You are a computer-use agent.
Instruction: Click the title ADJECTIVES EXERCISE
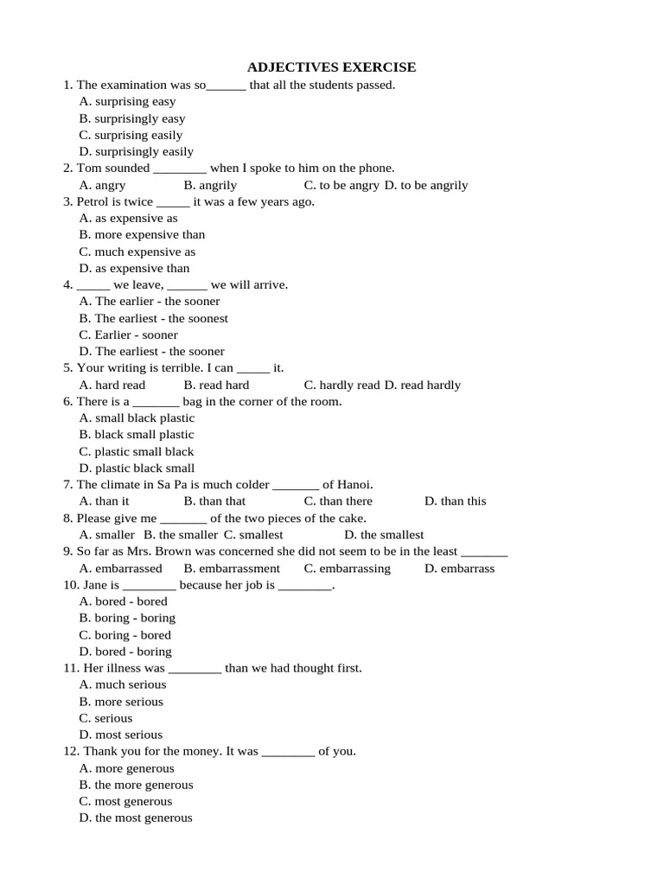[331, 67]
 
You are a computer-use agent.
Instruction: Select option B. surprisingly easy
[131, 118]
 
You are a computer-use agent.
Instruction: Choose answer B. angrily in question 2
[210, 185]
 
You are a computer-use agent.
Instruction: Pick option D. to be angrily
[426, 185]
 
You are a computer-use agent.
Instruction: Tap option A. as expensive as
[128, 218]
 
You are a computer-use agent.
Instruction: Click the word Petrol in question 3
[93, 201]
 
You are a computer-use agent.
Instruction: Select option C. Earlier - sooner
[128, 334]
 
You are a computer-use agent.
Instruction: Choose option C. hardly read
[342, 385]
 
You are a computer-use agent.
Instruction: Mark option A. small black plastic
[137, 417]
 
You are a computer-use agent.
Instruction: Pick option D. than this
[455, 501]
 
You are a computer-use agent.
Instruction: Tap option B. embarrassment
[232, 568]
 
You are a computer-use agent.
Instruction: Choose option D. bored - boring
[125, 652]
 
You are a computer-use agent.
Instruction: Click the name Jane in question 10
[98, 585]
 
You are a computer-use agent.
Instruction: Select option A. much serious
[122, 684]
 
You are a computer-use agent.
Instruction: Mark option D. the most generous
[136, 818]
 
